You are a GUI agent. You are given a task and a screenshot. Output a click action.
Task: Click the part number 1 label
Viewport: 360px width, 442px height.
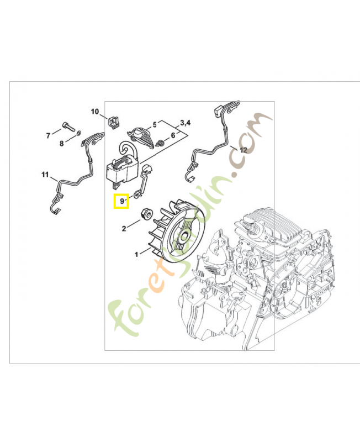(136, 255)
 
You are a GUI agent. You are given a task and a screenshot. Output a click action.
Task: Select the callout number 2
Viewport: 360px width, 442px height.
(124, 229)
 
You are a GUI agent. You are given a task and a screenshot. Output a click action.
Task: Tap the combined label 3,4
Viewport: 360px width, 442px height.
(186, 123)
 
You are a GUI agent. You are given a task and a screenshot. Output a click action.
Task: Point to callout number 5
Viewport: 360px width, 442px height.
(155, 125)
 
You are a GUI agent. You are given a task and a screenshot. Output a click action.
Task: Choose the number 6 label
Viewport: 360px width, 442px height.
(173, 135)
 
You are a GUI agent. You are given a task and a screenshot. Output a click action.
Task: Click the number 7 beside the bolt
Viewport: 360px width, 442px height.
(48, 136)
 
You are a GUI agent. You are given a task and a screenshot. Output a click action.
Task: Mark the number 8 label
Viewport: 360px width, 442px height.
(62, 144)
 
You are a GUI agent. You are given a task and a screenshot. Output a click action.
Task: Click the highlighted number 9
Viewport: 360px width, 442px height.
(122, 201)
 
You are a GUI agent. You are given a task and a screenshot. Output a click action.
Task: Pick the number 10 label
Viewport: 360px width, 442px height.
(95, 112)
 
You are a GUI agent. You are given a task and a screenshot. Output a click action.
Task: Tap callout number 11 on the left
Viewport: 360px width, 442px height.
(45, 175)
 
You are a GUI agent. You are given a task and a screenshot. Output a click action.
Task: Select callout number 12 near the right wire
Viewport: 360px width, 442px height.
(243, 150)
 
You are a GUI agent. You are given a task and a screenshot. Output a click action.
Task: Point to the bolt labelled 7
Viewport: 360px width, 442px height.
(67, 127)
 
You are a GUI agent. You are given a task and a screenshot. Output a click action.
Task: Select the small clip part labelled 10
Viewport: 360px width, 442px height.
(113, 122)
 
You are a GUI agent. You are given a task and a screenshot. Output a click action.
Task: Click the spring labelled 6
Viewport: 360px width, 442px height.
(161, 143)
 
